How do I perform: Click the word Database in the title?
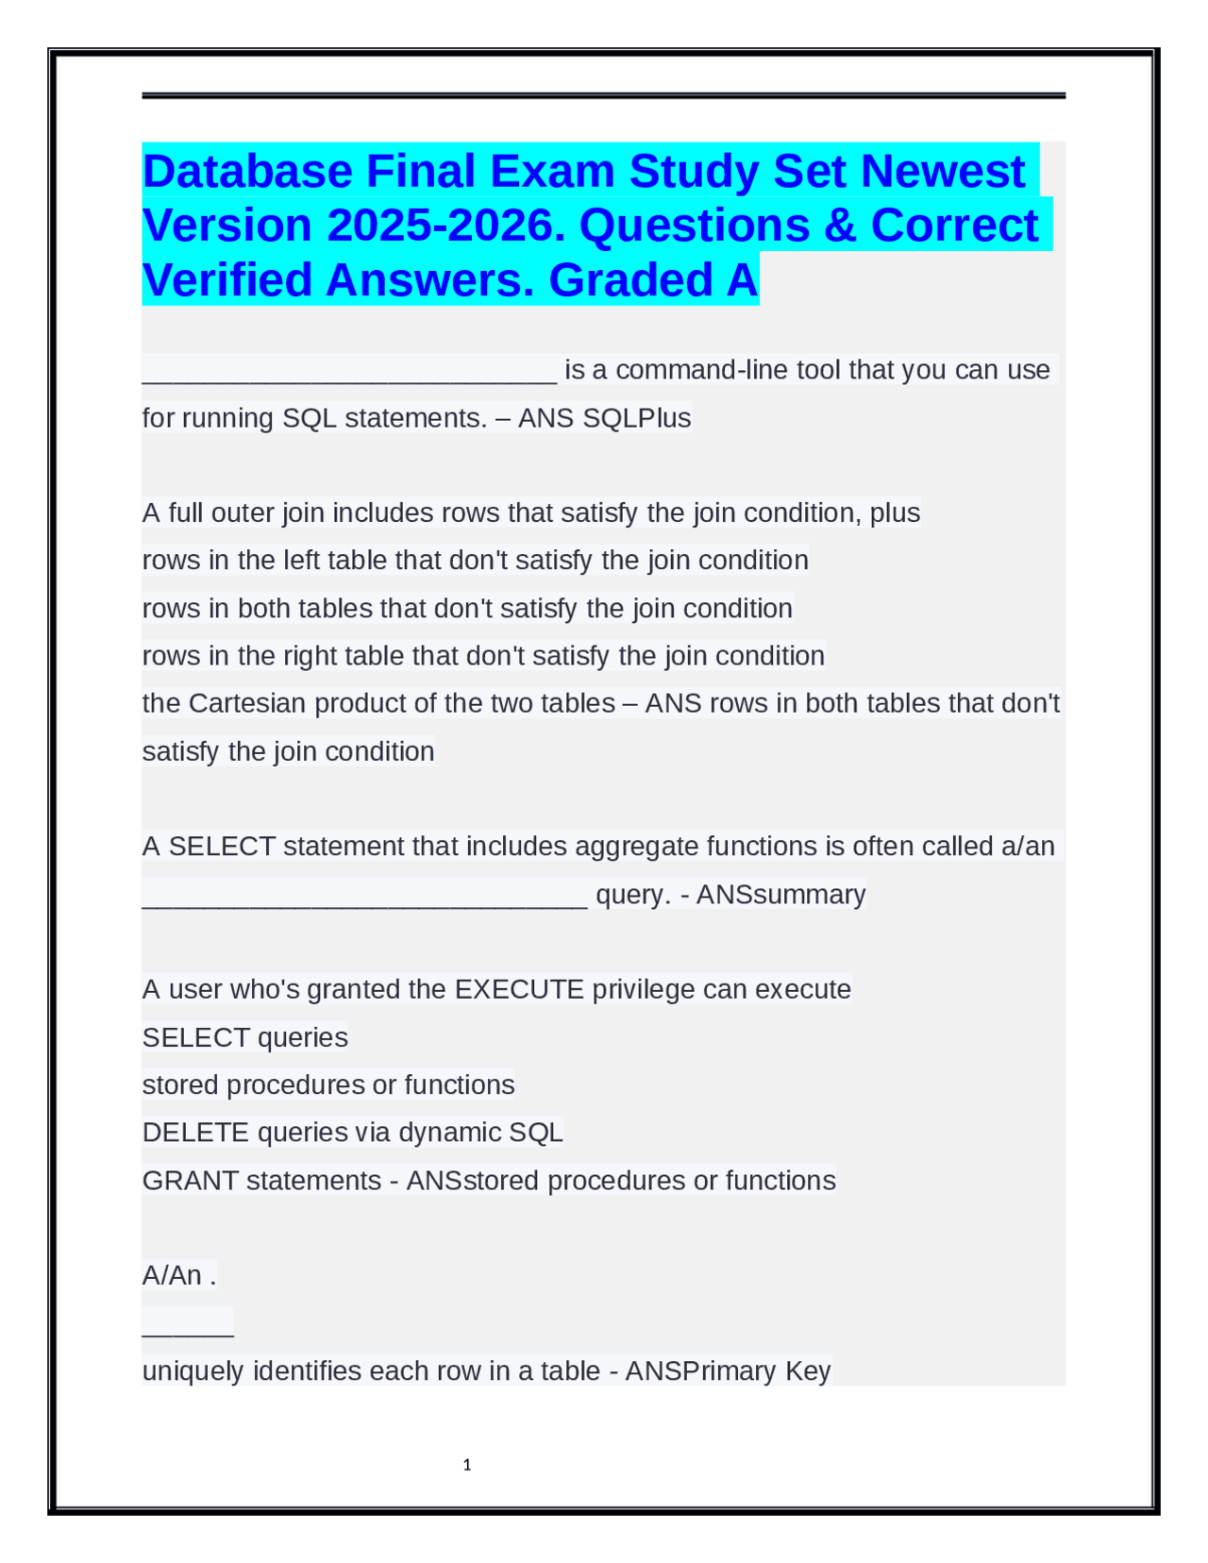(246, 172)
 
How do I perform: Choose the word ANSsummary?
(780, 895)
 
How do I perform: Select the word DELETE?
(195, 1133)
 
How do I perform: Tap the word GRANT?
(190, 1181)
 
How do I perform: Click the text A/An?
(172, 1276)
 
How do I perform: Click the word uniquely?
(193, 1371)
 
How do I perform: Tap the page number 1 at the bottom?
(467, 1465)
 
